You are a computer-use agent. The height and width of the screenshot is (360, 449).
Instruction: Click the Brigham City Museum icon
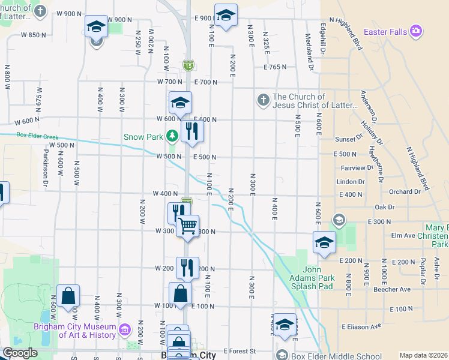tap(125, 329)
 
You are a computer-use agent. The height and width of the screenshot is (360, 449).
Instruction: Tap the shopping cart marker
tap(188, 226)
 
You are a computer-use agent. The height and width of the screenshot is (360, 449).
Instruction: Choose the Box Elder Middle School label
tap(336, 356)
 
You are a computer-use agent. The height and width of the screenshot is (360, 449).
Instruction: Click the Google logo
tap(20, 353)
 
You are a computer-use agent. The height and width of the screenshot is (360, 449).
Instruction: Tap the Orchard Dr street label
tap(405, 192)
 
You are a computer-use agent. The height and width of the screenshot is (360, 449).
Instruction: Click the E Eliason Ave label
tap(361, 326)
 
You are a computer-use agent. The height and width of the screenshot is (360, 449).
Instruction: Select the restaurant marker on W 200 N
tap(187, 267)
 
